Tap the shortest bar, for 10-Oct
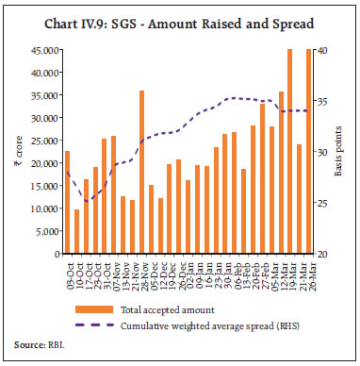click(x=76, y=231)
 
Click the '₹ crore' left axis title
click(x=16, y=151)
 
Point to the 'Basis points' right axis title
click(x=346, y=151)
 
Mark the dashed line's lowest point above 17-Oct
click(x=86, y=201)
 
